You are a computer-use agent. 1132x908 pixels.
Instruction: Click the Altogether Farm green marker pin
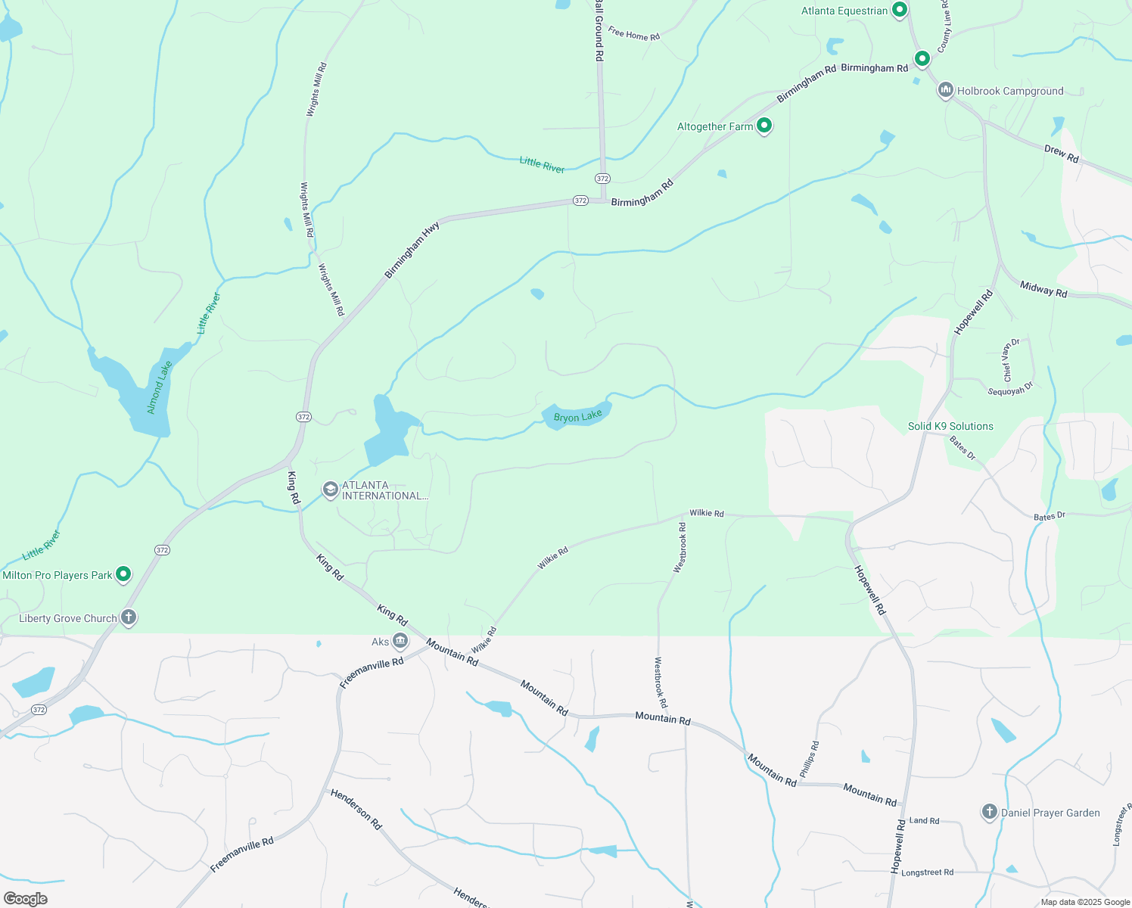pos(764,126)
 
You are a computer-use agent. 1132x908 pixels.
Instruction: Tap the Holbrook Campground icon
pos(945,91)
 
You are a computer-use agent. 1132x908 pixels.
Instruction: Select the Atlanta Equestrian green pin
pos(900,11)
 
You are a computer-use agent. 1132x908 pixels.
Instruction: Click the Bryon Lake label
pos(578,416)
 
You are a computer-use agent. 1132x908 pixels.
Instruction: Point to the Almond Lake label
pos(160,387)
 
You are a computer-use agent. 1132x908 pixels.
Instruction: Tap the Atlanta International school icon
pos(330,490)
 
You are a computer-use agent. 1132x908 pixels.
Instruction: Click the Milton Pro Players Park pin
pos(123,574)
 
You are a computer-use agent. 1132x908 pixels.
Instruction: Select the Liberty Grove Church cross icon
pos(129,617)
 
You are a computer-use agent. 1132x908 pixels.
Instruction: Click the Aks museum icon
pos(400,642)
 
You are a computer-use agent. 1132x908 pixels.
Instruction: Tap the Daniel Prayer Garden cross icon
pos(989,812)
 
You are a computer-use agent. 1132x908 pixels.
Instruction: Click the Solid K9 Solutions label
pos(950,426)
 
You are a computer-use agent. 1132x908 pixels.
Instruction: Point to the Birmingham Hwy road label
pos(412,250)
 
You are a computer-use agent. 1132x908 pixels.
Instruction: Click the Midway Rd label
pos(1043,288)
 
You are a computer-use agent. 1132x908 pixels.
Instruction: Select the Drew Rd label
pos(1061,154)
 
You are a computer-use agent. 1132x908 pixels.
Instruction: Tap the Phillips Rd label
pos(809,759)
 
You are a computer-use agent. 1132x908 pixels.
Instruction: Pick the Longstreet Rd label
pos(927,872)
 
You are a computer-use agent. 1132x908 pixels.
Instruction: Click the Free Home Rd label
pos(634,34)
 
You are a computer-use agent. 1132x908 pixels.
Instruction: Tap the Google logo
pos(26,899)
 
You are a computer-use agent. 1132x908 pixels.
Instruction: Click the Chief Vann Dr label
pos(1011,359)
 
